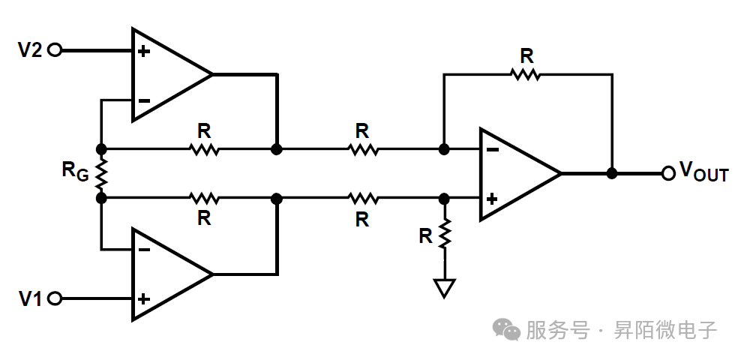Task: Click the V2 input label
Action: pyautogui.click(x=30, y=50)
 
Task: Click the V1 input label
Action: pyautogui.click(x=30, y=298)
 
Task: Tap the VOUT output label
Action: pyautogui.click(x=703, y=172)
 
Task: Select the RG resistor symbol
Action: pyautogui.click(x=100, y=173)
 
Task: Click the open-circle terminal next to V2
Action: pyautogui.click(x=54, y=50)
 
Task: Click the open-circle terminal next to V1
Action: pyautogui.click(x=54, y=298)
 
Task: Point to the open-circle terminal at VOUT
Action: pyautogui.click(x=668, y=173)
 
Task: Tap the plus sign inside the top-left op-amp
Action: pyautogui.click(x=143, y=52)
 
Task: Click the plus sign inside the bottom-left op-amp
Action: pyautogui.click(x=143, y=298)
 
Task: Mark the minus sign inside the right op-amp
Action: pyautogui.click(x=492, y=149)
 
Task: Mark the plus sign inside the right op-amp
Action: pyautogui.click(x=492, y=199)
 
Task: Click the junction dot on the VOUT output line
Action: pyautogui.click(x=612, y=173)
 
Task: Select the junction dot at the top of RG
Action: pyautogui.click(x=100, y=149)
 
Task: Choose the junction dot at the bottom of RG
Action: pyautogui.click(x=100, y=198)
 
